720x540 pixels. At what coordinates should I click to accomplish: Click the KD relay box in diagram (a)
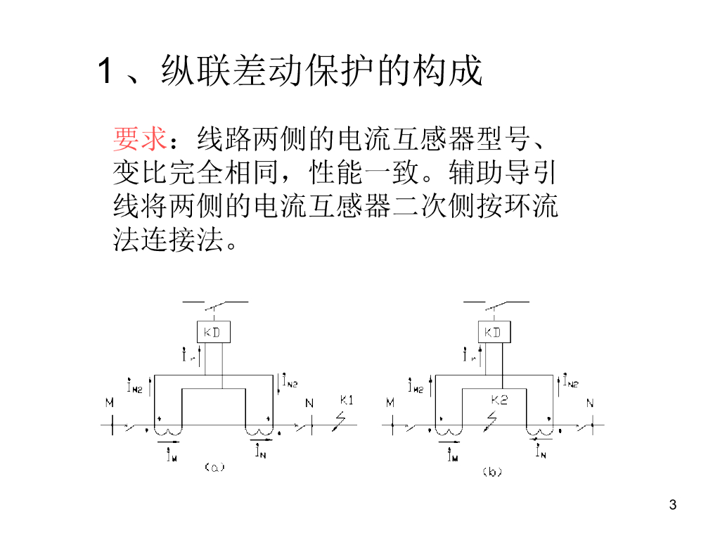click(x=212, y=333)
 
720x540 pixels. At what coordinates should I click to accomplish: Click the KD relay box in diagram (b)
click(x=493, y=333)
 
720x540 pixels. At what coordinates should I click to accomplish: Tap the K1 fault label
click(x=346, y=401)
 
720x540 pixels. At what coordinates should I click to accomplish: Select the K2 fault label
click(x=499, y=399)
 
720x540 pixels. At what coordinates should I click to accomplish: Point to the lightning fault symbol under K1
click(x=340, y=420)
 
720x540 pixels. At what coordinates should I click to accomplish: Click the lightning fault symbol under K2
click(x=491, y=419)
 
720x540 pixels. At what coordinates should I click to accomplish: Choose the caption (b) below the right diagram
click(x=491, y=472)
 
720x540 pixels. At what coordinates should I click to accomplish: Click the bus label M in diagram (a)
click(x=110, y=403)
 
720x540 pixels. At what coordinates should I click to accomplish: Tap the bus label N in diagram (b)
click(x=590, y=403)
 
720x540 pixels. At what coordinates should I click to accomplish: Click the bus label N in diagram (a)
click(x=309, y=403)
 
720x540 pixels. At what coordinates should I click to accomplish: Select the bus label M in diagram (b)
click(x=390, y=403)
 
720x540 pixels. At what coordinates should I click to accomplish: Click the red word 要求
click(x=139, y=139)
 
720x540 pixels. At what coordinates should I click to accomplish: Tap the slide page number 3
click(x=673, y=505)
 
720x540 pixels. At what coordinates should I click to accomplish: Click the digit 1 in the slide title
click(x=105, y=72)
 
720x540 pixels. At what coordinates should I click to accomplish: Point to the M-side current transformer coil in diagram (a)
click(x=168, y=430)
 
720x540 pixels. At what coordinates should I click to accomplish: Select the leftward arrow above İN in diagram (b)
click(x=541, y=439)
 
